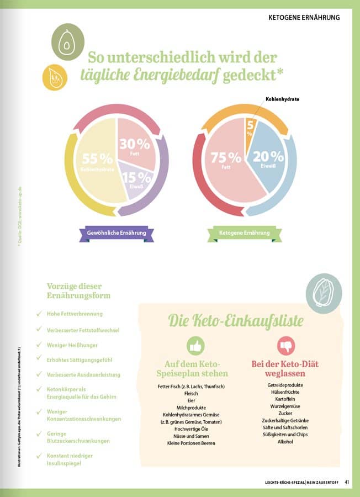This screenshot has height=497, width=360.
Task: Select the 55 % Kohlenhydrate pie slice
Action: click(97, 166)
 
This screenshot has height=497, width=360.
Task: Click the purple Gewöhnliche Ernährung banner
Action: click(117, 233)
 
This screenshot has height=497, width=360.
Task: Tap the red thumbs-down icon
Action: click(285, 346)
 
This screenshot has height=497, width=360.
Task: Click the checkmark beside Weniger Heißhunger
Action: click(39, 345)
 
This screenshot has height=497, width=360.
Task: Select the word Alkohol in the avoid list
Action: click(285, 442)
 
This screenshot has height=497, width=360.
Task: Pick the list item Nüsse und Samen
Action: click(191, 436)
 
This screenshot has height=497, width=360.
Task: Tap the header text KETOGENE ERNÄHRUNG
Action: click(304, 18)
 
